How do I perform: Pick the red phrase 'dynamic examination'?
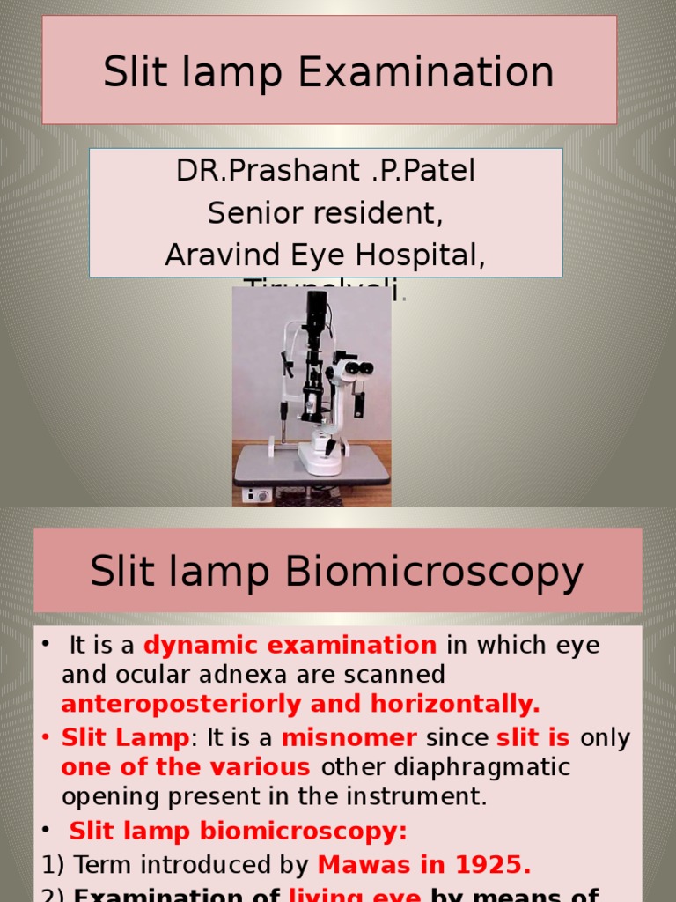click(x=290, y=646)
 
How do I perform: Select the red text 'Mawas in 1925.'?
click(x=424, y=865)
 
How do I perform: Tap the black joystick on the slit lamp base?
click(x=329, y=447)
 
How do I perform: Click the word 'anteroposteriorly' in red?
click(x=166, y=705)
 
